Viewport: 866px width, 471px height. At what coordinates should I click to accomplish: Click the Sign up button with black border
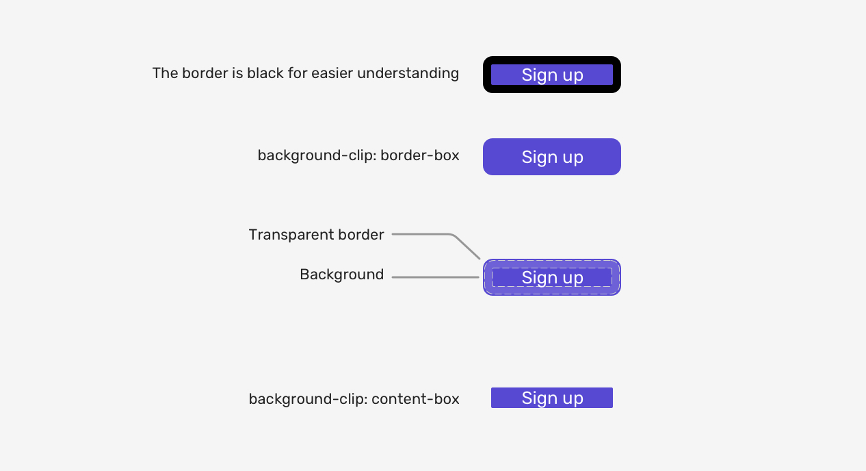[x=552, y=75]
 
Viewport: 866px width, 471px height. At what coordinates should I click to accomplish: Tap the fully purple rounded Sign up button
[x=552, y=157]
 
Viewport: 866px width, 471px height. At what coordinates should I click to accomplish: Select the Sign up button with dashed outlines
[x=552, y=277]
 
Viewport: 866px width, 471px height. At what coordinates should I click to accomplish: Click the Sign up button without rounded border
[x=552, y=398]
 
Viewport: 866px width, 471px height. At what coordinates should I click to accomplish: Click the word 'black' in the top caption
[x=265, y=73]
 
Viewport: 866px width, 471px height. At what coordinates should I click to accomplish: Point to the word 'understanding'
[x=408, y=73]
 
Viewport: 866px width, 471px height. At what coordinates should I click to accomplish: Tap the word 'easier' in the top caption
[x=332, y=73]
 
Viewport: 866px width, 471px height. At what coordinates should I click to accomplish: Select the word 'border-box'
[x=420, y=155]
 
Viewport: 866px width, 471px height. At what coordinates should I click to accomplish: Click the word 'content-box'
[x=415, y=399]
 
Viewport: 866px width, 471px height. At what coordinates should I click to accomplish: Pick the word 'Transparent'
[x=291, y=235]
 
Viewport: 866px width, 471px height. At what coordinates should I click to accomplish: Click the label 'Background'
[x=342, y=275]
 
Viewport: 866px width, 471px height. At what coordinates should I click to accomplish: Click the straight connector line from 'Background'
[x=435, y=277]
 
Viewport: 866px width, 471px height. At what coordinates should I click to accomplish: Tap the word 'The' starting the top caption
[x=165, y=73]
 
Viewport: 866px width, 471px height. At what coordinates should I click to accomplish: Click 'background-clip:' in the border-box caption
[x=317, y=156]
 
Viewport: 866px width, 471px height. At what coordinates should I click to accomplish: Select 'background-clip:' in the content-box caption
[x=308, y=400]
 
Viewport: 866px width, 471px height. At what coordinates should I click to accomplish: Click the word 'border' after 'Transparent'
[x=361, y=235]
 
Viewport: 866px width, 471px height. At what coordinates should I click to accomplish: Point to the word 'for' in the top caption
[x=298, y=73]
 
